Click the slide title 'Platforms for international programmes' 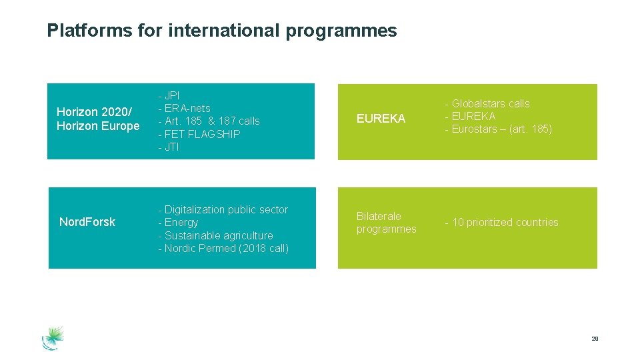[x=221, y=31]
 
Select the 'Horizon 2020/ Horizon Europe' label [x=98, y=119]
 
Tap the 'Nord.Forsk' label [x=87, y=222]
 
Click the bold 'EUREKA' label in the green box [x=381, y=119]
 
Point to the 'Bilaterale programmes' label [x=386, y=223]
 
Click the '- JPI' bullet [x=169, y=95]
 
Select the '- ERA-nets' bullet [x=184, y=108]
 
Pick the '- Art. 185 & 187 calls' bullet [x=209, y=121]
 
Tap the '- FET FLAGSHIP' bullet [x=199, y=134]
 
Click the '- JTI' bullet [x=169, y=147]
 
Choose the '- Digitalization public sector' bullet [x=223, y=209]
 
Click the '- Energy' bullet [x=178, y=222]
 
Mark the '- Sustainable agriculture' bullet [x=215, y=235]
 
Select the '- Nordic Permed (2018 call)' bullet [x=223, y=248]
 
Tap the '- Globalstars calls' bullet [x=487, y=103]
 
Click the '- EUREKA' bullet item [x=470, y=116]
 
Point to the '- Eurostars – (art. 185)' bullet [x=498, y=129]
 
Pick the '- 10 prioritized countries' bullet [x=501, y=222]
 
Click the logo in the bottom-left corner [x=53, y=337]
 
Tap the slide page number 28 [x=595, y=339]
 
